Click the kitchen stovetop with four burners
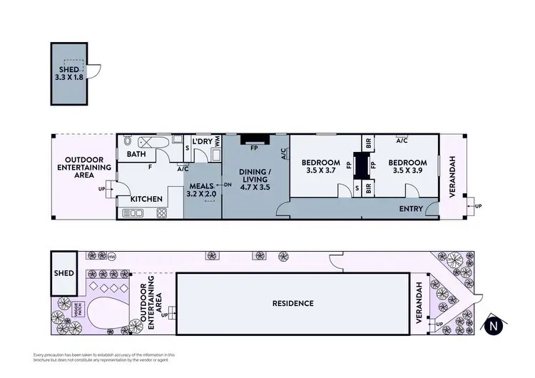(x=134, y=213)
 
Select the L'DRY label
(x=203, y=141)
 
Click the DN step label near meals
(x=228, y=186)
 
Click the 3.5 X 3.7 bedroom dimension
(x=320, y=170)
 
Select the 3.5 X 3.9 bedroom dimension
(x=407, y=170)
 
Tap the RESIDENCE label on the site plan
(x=292, y=303)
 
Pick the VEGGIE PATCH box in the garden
(x=76, y=310)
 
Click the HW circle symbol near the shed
(x=112, y=256)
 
